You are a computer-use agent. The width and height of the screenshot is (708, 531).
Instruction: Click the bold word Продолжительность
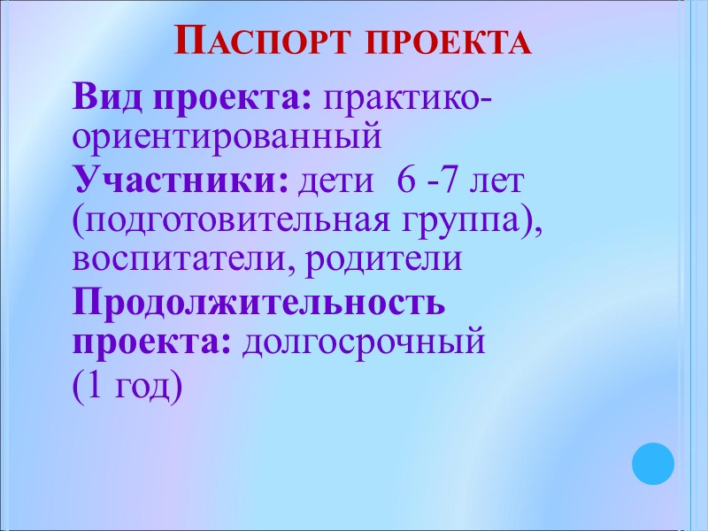[x=259, y=302]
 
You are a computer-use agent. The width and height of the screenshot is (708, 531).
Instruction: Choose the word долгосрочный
[x=364, y=341]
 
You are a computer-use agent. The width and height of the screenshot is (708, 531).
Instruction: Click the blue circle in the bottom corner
[x=653, y=465]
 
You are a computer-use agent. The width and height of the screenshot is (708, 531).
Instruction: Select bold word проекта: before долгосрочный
[x=151, y=341]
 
